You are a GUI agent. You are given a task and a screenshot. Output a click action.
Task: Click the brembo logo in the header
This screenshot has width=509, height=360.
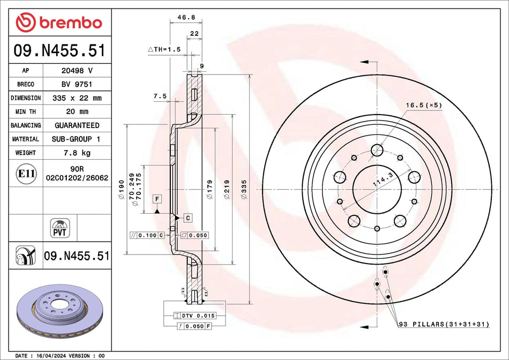(58, 22)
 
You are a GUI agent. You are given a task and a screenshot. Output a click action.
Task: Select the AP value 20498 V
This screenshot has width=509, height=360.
(77, 71)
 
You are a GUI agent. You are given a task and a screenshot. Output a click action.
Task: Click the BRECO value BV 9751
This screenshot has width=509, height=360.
(77, 84)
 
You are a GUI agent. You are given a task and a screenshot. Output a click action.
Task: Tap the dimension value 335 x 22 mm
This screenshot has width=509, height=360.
(77, 98)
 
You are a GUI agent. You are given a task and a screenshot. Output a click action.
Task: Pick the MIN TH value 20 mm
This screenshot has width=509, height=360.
(77, 111)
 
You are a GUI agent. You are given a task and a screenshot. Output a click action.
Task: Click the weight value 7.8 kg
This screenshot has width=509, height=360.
(77, 153)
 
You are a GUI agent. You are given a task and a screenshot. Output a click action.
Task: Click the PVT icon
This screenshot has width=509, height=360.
(58, 227)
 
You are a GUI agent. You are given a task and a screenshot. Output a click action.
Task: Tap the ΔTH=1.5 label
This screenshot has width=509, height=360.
(164, 49)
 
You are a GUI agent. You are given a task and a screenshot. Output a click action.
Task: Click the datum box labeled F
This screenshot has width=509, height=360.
(157, 199)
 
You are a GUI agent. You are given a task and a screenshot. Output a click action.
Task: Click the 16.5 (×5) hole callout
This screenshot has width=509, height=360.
(423, 105)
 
